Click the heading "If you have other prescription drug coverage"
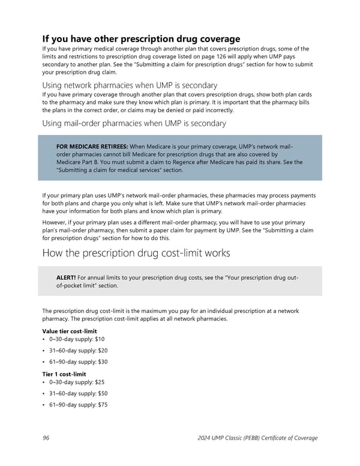tap(141, 39)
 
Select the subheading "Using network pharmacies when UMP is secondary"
tap(130, 85)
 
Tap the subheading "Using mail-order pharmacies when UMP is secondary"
tap(134, 123)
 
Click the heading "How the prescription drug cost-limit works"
tap(136, 253)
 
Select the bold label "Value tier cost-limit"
tap(70, 331)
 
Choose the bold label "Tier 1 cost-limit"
tap(64, 374)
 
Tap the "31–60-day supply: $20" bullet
tap(78, 351)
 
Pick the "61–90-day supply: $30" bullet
tap(78, 362)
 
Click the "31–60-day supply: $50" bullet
tap(78, 394)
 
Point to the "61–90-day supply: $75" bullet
tap(78, 405)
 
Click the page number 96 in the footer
tap(46, 438)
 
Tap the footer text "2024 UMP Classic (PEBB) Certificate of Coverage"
tap(257, 438)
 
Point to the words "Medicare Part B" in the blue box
tap(79, 162)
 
